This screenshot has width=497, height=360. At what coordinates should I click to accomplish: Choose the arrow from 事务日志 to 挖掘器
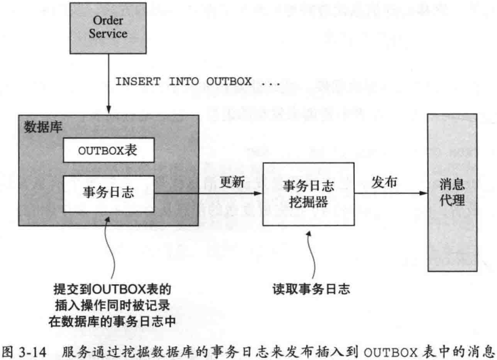tap(210, 193)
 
